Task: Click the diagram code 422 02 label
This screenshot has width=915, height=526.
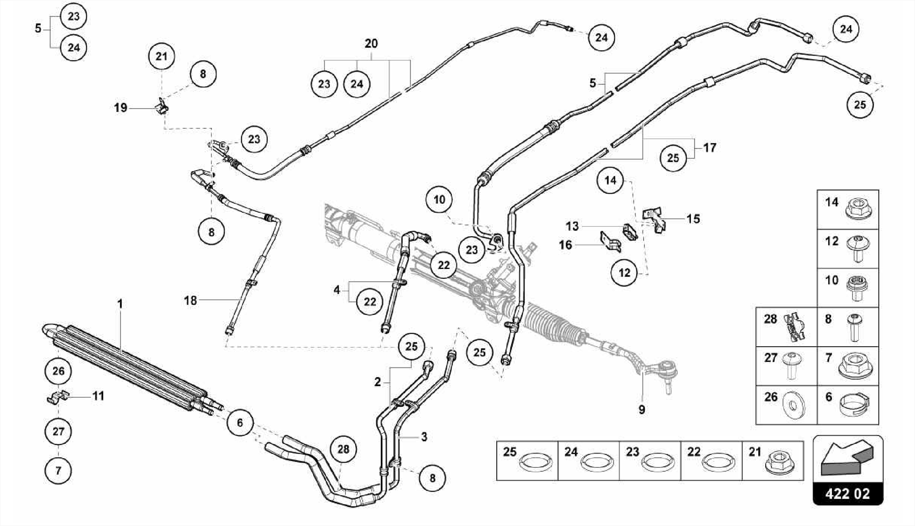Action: [x=848, y=493]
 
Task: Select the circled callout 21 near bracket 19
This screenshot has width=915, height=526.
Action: [x=161, y=56]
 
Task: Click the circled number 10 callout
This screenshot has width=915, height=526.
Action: [x=439, y=199]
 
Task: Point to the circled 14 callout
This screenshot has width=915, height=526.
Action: [x=610, y=180]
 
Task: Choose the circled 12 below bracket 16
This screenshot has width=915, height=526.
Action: [x=624, y=272]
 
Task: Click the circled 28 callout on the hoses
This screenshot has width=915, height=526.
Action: [x=343, y=449]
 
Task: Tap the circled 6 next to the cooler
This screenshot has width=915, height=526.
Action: [x=240, y=422]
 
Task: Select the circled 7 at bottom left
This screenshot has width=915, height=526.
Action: [x=58, y=470]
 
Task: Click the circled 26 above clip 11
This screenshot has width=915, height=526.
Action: [x=59, y=370]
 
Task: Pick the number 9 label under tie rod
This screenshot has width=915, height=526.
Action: [x=642, y=409]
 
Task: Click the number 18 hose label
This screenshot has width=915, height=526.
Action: [x=190, y=300]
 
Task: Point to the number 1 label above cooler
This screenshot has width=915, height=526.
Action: [x=120, y=304]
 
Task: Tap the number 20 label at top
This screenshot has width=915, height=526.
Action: [x=371, y=43]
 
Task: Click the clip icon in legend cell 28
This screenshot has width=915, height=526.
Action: [x=793, y=327]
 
